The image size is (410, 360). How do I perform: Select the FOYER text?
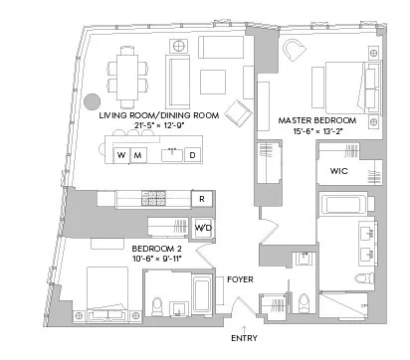click(x=240, y=279)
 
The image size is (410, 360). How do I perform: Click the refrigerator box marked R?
click(x=201, y=199)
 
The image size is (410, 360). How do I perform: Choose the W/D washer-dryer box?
click(x=203, y=228)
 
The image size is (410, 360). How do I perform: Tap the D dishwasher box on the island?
click(x=192, y=155)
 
